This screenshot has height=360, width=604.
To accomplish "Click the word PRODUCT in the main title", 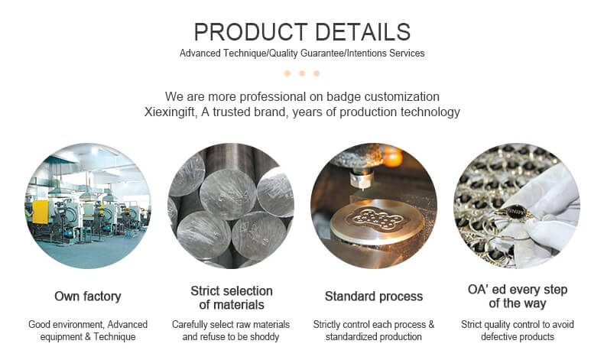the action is click(250, 32).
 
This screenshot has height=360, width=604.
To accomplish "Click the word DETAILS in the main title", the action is click(362, 32).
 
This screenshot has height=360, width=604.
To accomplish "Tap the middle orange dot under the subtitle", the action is click(302, 73).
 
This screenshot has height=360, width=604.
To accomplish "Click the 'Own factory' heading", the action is click(88, 296).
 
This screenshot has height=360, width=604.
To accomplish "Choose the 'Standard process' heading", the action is click(374, 296).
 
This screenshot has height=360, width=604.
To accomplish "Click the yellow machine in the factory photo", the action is click(40, 212).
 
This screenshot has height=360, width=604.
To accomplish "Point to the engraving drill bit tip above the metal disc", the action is click(362, 189).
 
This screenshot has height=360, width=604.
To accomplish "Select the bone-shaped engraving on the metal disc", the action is click(374, 219).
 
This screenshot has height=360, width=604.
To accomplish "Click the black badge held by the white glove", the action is click(515, 211).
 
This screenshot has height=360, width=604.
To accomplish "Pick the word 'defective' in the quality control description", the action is click(498, 336).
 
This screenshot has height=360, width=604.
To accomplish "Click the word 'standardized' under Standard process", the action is click(348, 336).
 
